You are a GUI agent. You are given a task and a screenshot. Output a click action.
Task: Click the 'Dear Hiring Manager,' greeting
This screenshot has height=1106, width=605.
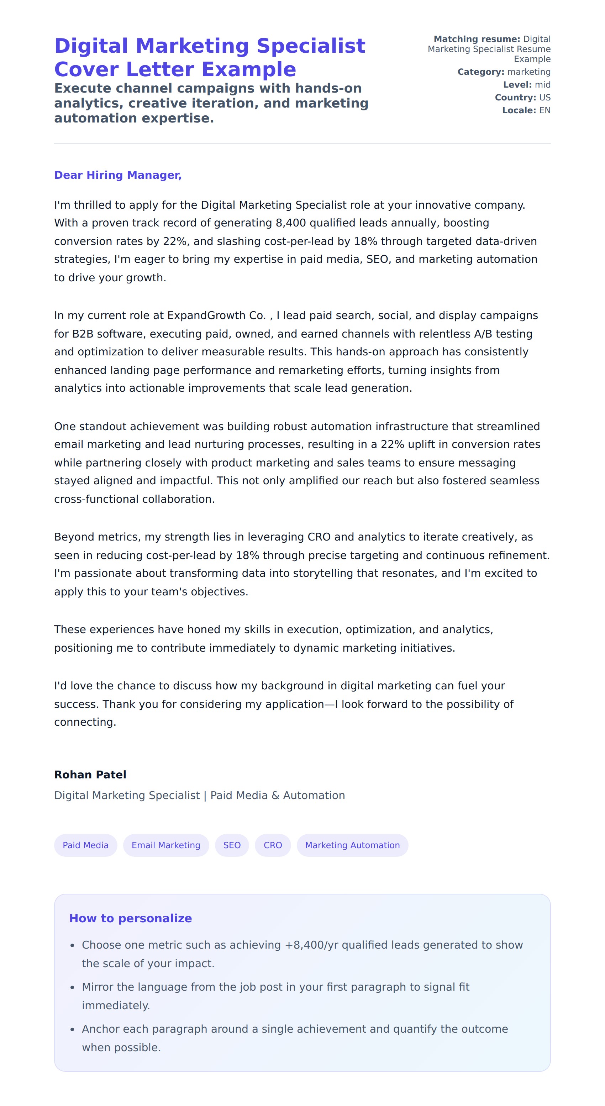point(117,175)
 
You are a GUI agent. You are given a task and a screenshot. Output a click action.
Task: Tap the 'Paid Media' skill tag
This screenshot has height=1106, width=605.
point(85,845)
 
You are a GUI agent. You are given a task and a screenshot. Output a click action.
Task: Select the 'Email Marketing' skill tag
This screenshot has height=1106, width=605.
point(165,845)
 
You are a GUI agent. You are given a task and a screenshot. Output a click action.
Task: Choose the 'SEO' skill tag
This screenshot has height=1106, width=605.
point(232,845)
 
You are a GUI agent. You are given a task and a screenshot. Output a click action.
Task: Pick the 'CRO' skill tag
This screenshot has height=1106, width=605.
point(273,845)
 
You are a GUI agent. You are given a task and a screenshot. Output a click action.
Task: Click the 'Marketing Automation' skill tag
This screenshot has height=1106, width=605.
point(352,845)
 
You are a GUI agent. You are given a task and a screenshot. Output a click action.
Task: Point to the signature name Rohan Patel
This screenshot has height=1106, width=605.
point(90,774)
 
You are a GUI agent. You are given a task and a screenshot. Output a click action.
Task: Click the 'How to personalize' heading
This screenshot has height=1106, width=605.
point(131,918)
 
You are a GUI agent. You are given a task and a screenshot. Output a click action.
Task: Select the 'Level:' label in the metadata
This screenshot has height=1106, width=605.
point(517,85)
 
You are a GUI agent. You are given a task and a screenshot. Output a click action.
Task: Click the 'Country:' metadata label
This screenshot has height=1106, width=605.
point(515,98)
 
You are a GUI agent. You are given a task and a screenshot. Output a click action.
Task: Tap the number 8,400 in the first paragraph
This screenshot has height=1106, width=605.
point(290,223)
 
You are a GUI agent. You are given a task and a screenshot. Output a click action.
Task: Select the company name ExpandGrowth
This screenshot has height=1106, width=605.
point(207,315)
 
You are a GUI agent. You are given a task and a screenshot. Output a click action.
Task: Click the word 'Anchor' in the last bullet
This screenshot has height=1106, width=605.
point(100,1029)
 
